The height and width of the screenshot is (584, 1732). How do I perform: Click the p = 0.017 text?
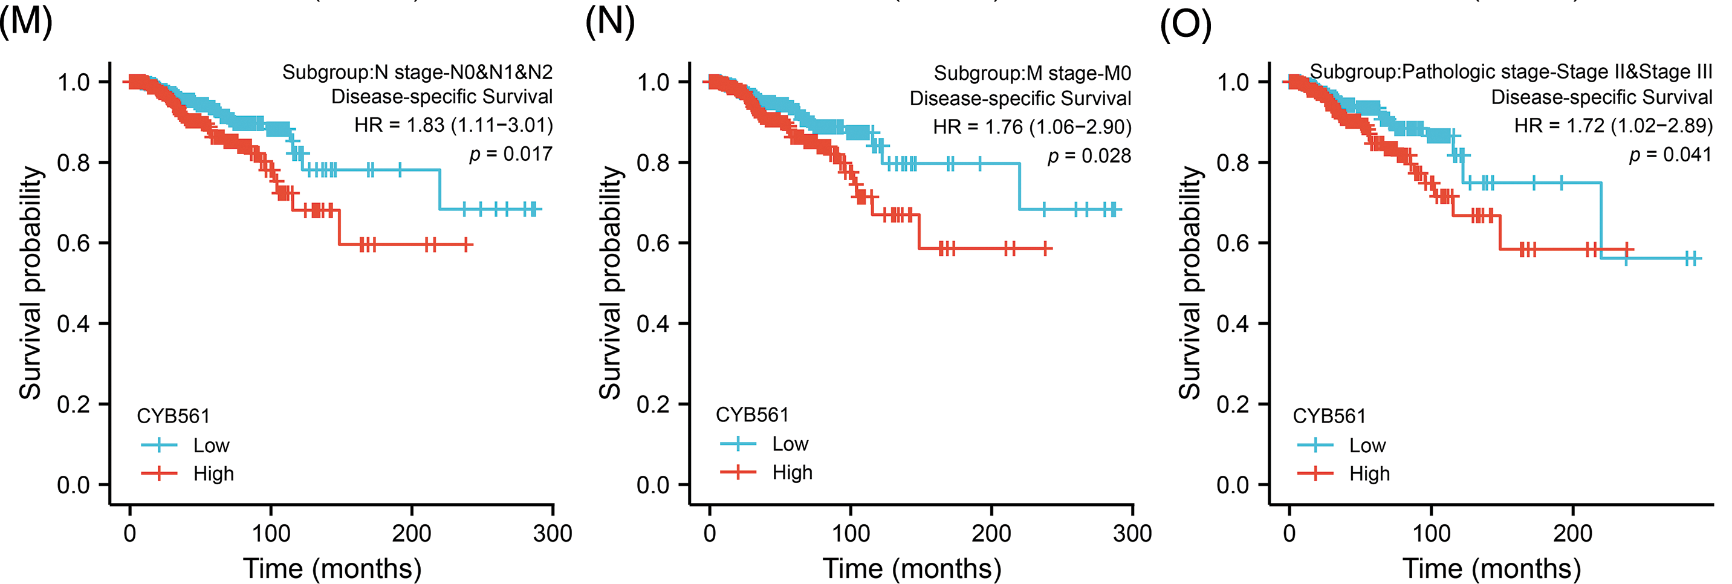click(510, 154)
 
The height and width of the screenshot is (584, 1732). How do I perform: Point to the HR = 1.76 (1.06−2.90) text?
click(1031, 126)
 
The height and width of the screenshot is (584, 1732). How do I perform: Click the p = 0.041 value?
click(1670, 155)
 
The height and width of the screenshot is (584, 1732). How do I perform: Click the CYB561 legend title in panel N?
click(751, 415)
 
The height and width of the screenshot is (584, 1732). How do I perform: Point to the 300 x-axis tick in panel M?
click(552, 534)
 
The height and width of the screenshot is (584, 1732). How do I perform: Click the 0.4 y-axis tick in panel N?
click(653, 324)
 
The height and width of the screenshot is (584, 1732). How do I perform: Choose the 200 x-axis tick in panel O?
click(1572, 534)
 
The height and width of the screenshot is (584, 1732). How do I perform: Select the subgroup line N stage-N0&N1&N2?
click(417, 72)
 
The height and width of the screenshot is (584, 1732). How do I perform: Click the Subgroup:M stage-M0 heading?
click(1032, 73)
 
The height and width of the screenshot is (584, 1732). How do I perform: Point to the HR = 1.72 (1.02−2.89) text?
click(1612, 126)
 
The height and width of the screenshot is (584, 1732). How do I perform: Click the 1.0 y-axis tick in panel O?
click(1233, 82)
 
